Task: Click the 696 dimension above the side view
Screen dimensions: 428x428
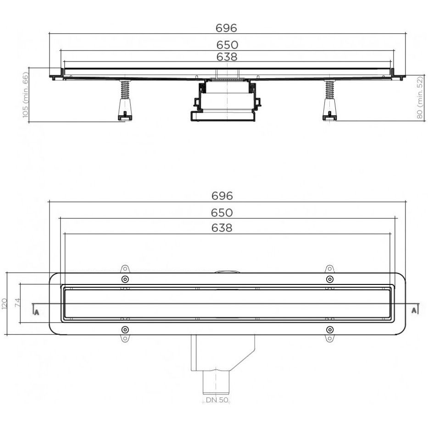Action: [226, 28]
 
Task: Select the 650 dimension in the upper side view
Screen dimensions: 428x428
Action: [228, 45]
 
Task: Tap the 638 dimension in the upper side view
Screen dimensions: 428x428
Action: [227, 57]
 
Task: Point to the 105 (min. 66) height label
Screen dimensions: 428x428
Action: [25, 94]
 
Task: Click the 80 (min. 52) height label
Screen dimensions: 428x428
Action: [420, 97]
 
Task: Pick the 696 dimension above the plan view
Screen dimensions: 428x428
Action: [222, 196]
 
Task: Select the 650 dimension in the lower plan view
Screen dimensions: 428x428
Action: [222, 213]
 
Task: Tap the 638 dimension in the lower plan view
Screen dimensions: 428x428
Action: [222, 228]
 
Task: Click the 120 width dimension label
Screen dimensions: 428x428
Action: [5, 304]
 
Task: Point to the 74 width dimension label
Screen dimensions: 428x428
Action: [17, 303]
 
